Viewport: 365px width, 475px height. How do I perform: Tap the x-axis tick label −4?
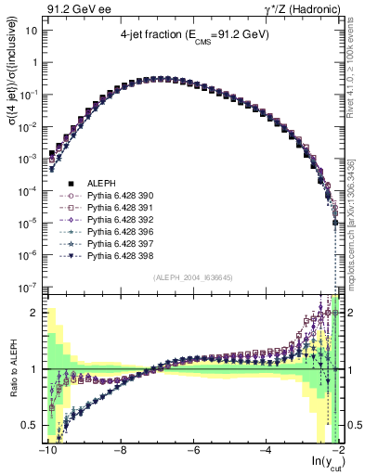(x=266, y=449)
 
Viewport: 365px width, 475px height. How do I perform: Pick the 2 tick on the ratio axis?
(x=33, y=312)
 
